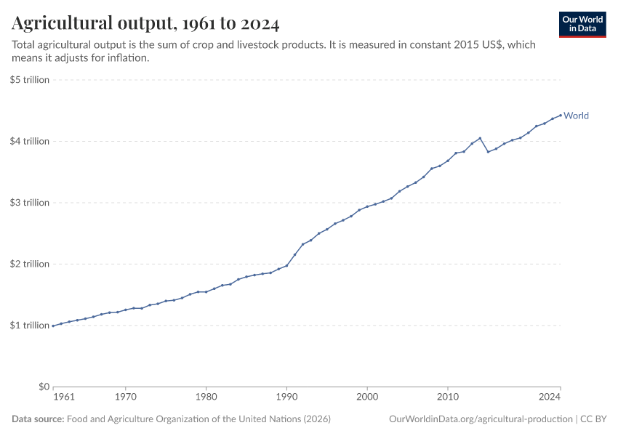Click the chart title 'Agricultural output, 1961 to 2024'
coord(145,24)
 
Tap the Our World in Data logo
coord(582,24)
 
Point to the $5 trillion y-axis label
coord(30,79)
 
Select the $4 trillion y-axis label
coord(30,141)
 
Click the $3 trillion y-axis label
coord(30,202)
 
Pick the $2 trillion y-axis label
coord(30,264)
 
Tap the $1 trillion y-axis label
coord(30,325)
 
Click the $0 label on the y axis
coord(42,387)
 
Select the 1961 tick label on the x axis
coord(63,397)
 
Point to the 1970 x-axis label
coord(125,397)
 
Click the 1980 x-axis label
coord(206,397)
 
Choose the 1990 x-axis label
coord(286,397)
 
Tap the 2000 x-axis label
coord(367,397)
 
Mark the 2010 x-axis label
coord(448,397)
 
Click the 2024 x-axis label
coord(550,397)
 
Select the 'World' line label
coord(576,116)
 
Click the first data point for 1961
coord(53,326)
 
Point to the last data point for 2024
coord(561,115)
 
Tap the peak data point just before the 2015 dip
coord(480,138)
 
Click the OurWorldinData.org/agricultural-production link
coord(481,419)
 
